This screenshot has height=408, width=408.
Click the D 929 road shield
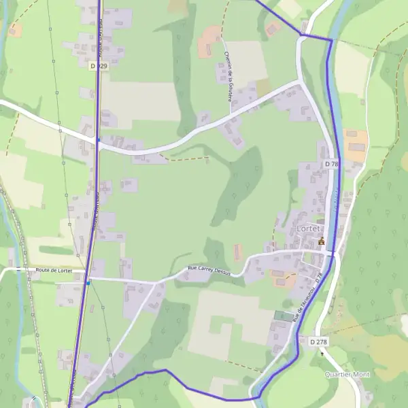[99, 66]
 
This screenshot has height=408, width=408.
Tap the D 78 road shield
[331, 164]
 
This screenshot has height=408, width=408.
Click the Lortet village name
[312, 228]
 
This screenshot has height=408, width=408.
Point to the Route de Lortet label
[54, 271]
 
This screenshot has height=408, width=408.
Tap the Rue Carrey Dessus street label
[208, 270]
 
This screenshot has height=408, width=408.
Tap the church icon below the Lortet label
[321, 241]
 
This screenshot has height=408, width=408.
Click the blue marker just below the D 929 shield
[98, 141]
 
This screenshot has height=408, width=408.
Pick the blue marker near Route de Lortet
[88, 281]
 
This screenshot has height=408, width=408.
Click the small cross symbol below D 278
[322, 354]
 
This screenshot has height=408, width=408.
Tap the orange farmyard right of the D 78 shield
[356, 144]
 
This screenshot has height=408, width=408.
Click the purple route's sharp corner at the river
[331, 40]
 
